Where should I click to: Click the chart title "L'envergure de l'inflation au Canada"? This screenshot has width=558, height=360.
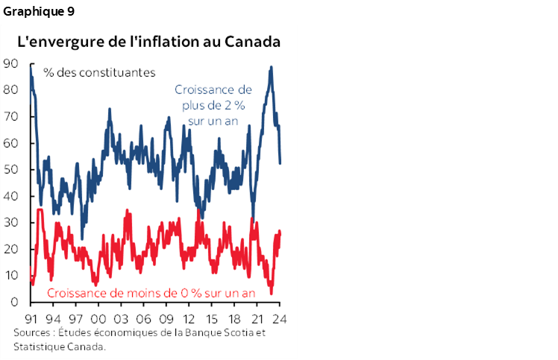pyautogui.click(x=148, y=42)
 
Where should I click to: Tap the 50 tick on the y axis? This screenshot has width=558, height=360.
pyautogui.click(x=10, y=169)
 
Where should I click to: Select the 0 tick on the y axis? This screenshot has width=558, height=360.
pyautogui.click(x=14, y=302)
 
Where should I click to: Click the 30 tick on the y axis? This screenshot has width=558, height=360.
pyautogui.click(x=10, y=223)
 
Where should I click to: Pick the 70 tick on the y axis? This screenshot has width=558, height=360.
pyautogui.click(x=10, y=116)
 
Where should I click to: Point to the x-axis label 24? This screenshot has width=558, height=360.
pyautogui.click(x=280, y=317)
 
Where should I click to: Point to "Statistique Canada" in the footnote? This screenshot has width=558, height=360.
pyautogui.click(x=59, y=347)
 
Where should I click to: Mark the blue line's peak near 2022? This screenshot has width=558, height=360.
pyautogui.click(x=270, y=67)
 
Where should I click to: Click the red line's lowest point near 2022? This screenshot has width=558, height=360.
pyautogui.click(x=272, y=293)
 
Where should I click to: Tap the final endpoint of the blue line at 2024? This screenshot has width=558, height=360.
pyautogui.click(x=280, y=162)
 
